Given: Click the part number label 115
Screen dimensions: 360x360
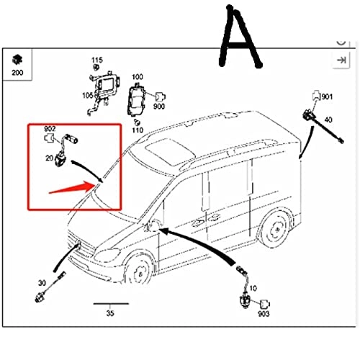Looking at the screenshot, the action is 97,60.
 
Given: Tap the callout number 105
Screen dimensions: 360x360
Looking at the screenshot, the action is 88,96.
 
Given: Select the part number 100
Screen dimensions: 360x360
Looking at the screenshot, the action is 138,77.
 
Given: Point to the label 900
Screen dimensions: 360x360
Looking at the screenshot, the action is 159,107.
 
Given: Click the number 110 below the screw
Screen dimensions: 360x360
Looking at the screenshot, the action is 138,130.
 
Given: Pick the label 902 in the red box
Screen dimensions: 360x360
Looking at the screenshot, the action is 50,129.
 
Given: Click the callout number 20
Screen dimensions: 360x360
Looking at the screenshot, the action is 49,158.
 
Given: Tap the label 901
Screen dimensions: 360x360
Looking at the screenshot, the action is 327,96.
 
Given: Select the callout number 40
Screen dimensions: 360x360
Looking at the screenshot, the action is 328,120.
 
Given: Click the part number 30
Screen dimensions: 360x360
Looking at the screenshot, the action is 42,283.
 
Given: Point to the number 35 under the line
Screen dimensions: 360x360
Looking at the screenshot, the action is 110,313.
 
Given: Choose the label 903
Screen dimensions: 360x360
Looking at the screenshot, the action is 264,314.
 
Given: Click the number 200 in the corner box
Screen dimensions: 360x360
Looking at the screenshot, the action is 17,73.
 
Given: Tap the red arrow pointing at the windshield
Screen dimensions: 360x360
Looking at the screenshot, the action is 72,188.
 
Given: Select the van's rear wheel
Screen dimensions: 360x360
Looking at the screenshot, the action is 276,229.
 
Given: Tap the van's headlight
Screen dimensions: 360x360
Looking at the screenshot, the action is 107,255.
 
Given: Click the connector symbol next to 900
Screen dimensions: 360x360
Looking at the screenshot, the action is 161,96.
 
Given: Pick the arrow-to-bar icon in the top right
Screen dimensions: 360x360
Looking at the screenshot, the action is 341,60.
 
